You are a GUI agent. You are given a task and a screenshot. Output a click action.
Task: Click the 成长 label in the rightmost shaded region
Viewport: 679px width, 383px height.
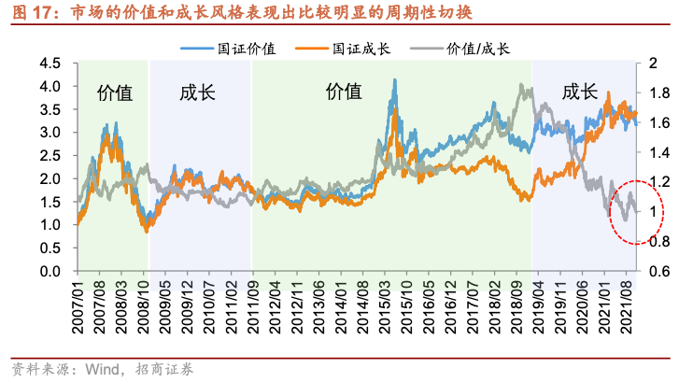point(579,92)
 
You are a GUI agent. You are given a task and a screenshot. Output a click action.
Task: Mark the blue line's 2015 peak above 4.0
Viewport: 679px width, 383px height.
point(396,81)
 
